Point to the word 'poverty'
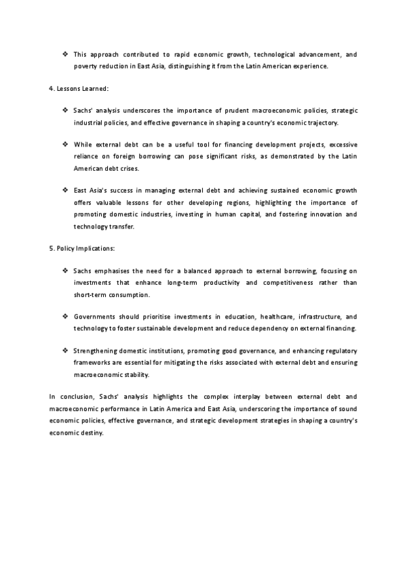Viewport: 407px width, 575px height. (x=86, y=66)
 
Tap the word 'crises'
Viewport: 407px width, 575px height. (x=132, y=169)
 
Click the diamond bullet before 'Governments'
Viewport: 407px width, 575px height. (x=66, y=317)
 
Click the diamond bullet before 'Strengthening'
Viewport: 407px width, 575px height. (x=66, y=351)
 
